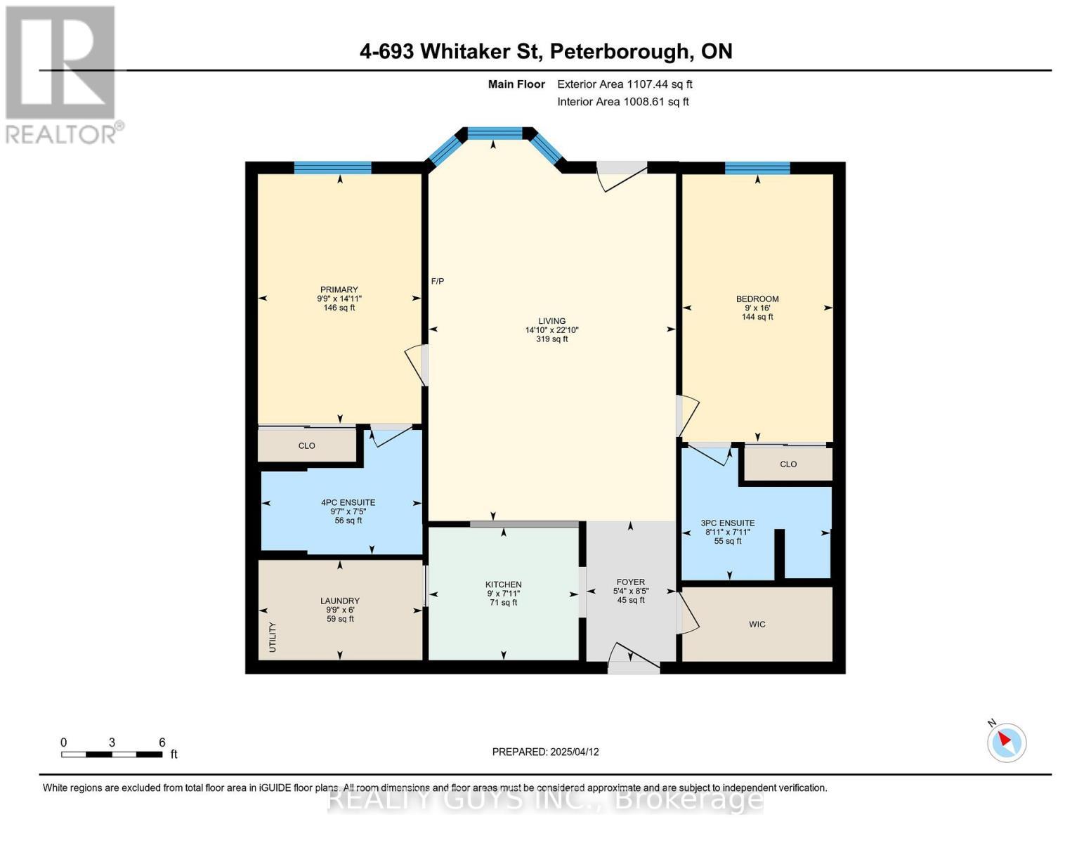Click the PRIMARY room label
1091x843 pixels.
click(x=339, y=289)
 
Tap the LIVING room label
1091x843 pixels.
click(x=551, y=321)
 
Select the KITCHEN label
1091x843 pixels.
click(x=503, y=584)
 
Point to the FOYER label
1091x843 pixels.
click(x=630, y=582)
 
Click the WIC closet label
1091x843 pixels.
click(x=757, y=624)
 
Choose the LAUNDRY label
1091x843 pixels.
click(x=340, y=601)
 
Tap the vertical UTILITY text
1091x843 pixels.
click(x=273, y=637)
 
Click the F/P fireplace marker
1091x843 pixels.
click(x=437, y=281)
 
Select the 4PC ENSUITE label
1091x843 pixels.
click(x=348, y=502)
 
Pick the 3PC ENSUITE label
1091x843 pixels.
click(x=728, y=523)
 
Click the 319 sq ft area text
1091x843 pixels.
click(x=551, y=339)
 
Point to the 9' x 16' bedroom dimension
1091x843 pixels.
click(x=757, y=308)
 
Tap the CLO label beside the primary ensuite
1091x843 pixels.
click(x=306, y=445)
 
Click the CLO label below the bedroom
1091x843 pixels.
click(x=788, y=464)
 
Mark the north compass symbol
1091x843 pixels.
click(x=1006, y=742)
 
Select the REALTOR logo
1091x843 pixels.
click(x=62, y=74)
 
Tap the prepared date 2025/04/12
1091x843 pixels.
click(x=545, y=752)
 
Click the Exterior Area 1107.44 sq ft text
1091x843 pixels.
click(x=625, y=84)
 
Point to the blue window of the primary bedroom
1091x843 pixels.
click(x=332, y=167)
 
